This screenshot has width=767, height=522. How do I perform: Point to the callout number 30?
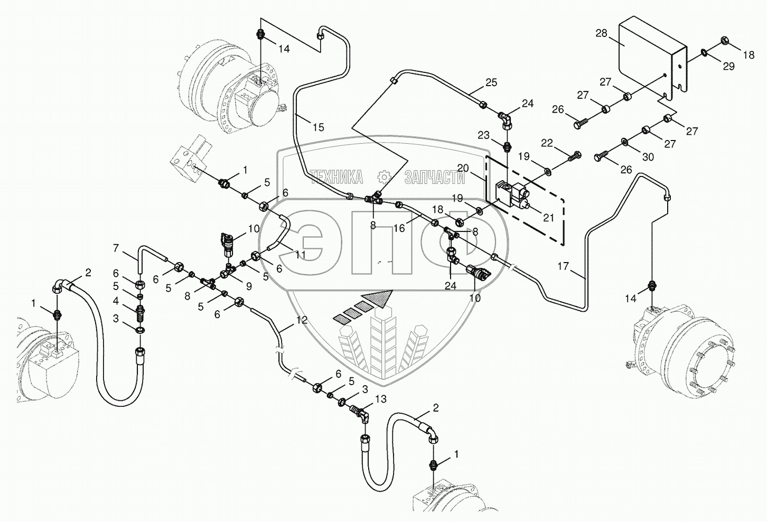648,157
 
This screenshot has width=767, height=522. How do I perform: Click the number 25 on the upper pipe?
491,82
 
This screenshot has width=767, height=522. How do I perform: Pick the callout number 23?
483,135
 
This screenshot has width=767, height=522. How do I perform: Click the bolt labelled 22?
574,156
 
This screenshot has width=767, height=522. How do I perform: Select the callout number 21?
549,217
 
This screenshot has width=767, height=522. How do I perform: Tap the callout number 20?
463,168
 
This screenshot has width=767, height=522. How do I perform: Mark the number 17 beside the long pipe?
563,266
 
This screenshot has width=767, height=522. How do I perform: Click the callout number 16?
399,228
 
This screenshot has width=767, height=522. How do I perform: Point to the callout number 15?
318,127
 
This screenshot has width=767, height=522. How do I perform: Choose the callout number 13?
381,398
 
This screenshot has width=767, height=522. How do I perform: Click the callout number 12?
302,320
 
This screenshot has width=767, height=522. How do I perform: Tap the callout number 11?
300,254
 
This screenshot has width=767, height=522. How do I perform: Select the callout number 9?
248,286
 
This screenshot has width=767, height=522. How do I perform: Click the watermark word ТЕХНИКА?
336,177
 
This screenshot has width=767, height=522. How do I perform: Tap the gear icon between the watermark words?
383,177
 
